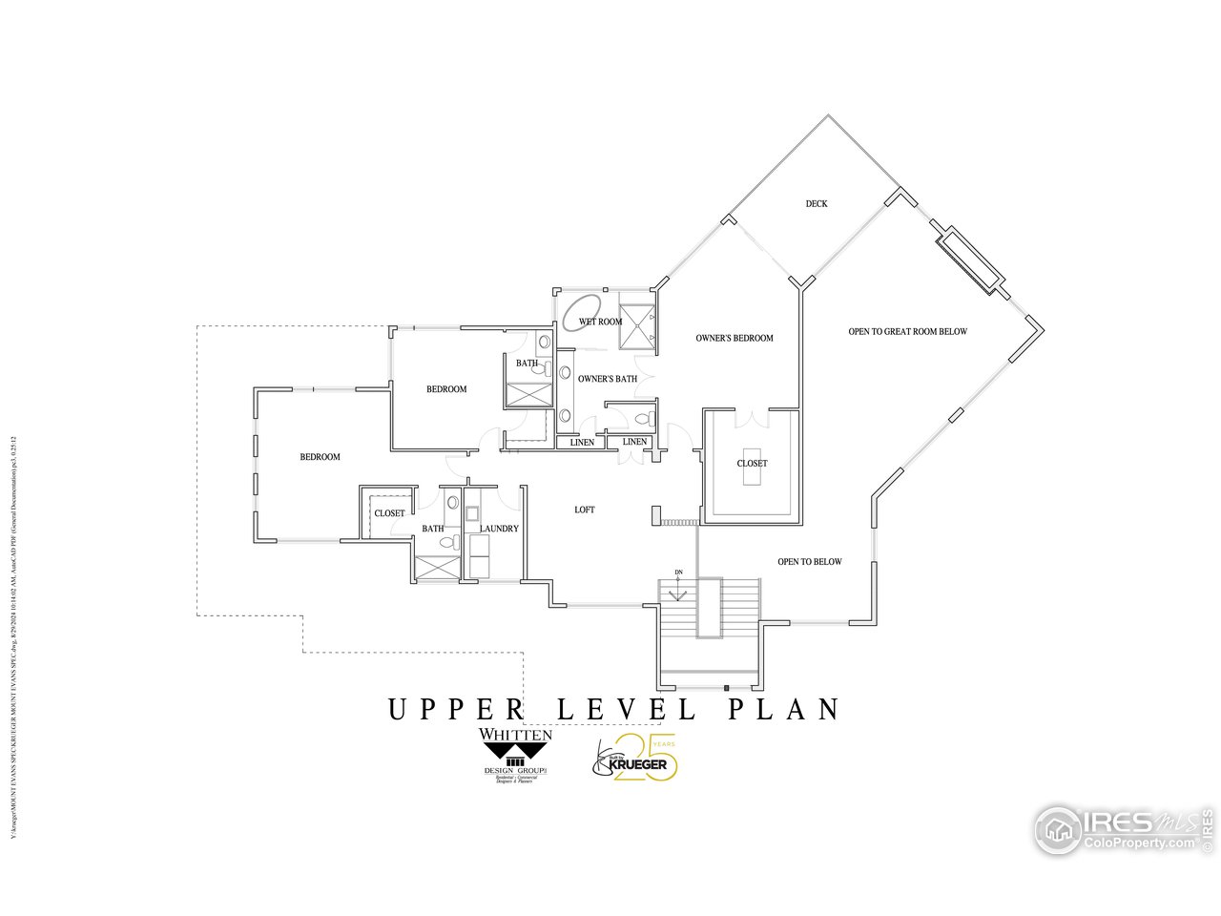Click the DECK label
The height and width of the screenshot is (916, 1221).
816,203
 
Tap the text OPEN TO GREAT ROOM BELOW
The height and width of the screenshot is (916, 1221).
907,332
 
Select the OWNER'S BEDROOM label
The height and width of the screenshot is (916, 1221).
734,338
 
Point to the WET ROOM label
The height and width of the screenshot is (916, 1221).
601,322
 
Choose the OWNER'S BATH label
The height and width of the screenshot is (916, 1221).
607,379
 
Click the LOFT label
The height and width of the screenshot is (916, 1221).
584,510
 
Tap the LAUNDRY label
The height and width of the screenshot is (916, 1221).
499,529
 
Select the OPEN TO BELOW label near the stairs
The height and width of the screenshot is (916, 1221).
809,561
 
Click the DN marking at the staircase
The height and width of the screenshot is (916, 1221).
678,572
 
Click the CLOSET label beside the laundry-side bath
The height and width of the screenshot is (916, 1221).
389,513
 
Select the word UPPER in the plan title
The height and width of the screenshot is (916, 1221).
457,710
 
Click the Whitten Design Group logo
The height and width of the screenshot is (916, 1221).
515,755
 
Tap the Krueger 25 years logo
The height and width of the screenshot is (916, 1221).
637,760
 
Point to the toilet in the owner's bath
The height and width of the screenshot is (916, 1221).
643,418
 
